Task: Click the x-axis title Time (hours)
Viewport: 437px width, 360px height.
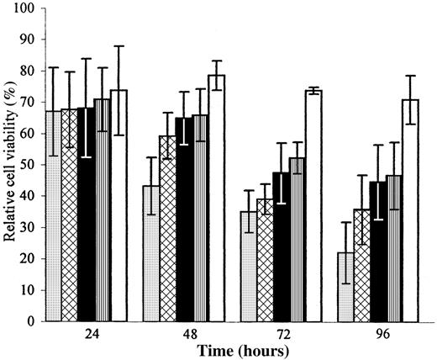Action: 233,348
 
